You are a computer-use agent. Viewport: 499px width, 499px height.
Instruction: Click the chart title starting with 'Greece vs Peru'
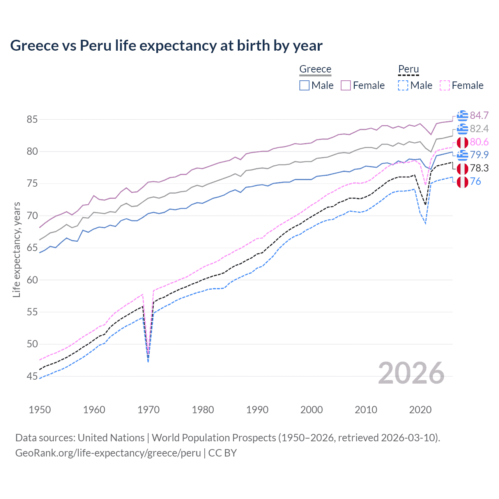pyautogui.click(x=166, y=46)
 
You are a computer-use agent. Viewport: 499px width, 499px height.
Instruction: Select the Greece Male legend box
pyautogui.click(x=304, y=85)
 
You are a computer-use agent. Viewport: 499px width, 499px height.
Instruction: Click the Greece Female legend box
pyautogui.click(x=346, y=85)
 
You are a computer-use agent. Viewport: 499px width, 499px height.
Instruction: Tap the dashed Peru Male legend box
pyautogui.click(x=403, y=85)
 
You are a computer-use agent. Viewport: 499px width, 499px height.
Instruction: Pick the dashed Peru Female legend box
pyautogui.click(x=445, y=85)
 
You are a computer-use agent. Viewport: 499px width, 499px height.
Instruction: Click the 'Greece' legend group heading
pyautogui.click(x=315, y=69)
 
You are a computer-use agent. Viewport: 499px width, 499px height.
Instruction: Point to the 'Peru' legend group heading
pyautogui.click(x=408, y=69)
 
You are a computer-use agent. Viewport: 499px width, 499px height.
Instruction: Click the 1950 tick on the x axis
pyautogui.click(x=40, y=410)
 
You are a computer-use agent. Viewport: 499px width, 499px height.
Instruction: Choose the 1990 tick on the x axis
pyautogui.click(x=257, y=410)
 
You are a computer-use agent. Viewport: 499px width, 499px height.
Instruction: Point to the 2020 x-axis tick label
pyautogui.click(x=420, y=410)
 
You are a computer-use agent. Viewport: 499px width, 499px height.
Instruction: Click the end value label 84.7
pyautogui.click(x=479, y=115)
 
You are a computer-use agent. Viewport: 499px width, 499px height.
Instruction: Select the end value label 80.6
pyautogui.click(x=479, y=142)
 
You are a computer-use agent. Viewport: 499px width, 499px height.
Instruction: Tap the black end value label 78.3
pyautogui.click(x=479, y=168)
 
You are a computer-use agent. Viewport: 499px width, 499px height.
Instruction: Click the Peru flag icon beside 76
pyautogui.click(x=462, y=182)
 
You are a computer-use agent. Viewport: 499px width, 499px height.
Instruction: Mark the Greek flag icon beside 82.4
pyautogui.click(x=462, y=129)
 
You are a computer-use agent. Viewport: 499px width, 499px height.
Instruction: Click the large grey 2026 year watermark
pyautogui.click(x=411, y=373)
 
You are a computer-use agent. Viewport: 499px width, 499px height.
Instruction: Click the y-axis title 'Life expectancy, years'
pyautogui.click(x=16, y=249)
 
